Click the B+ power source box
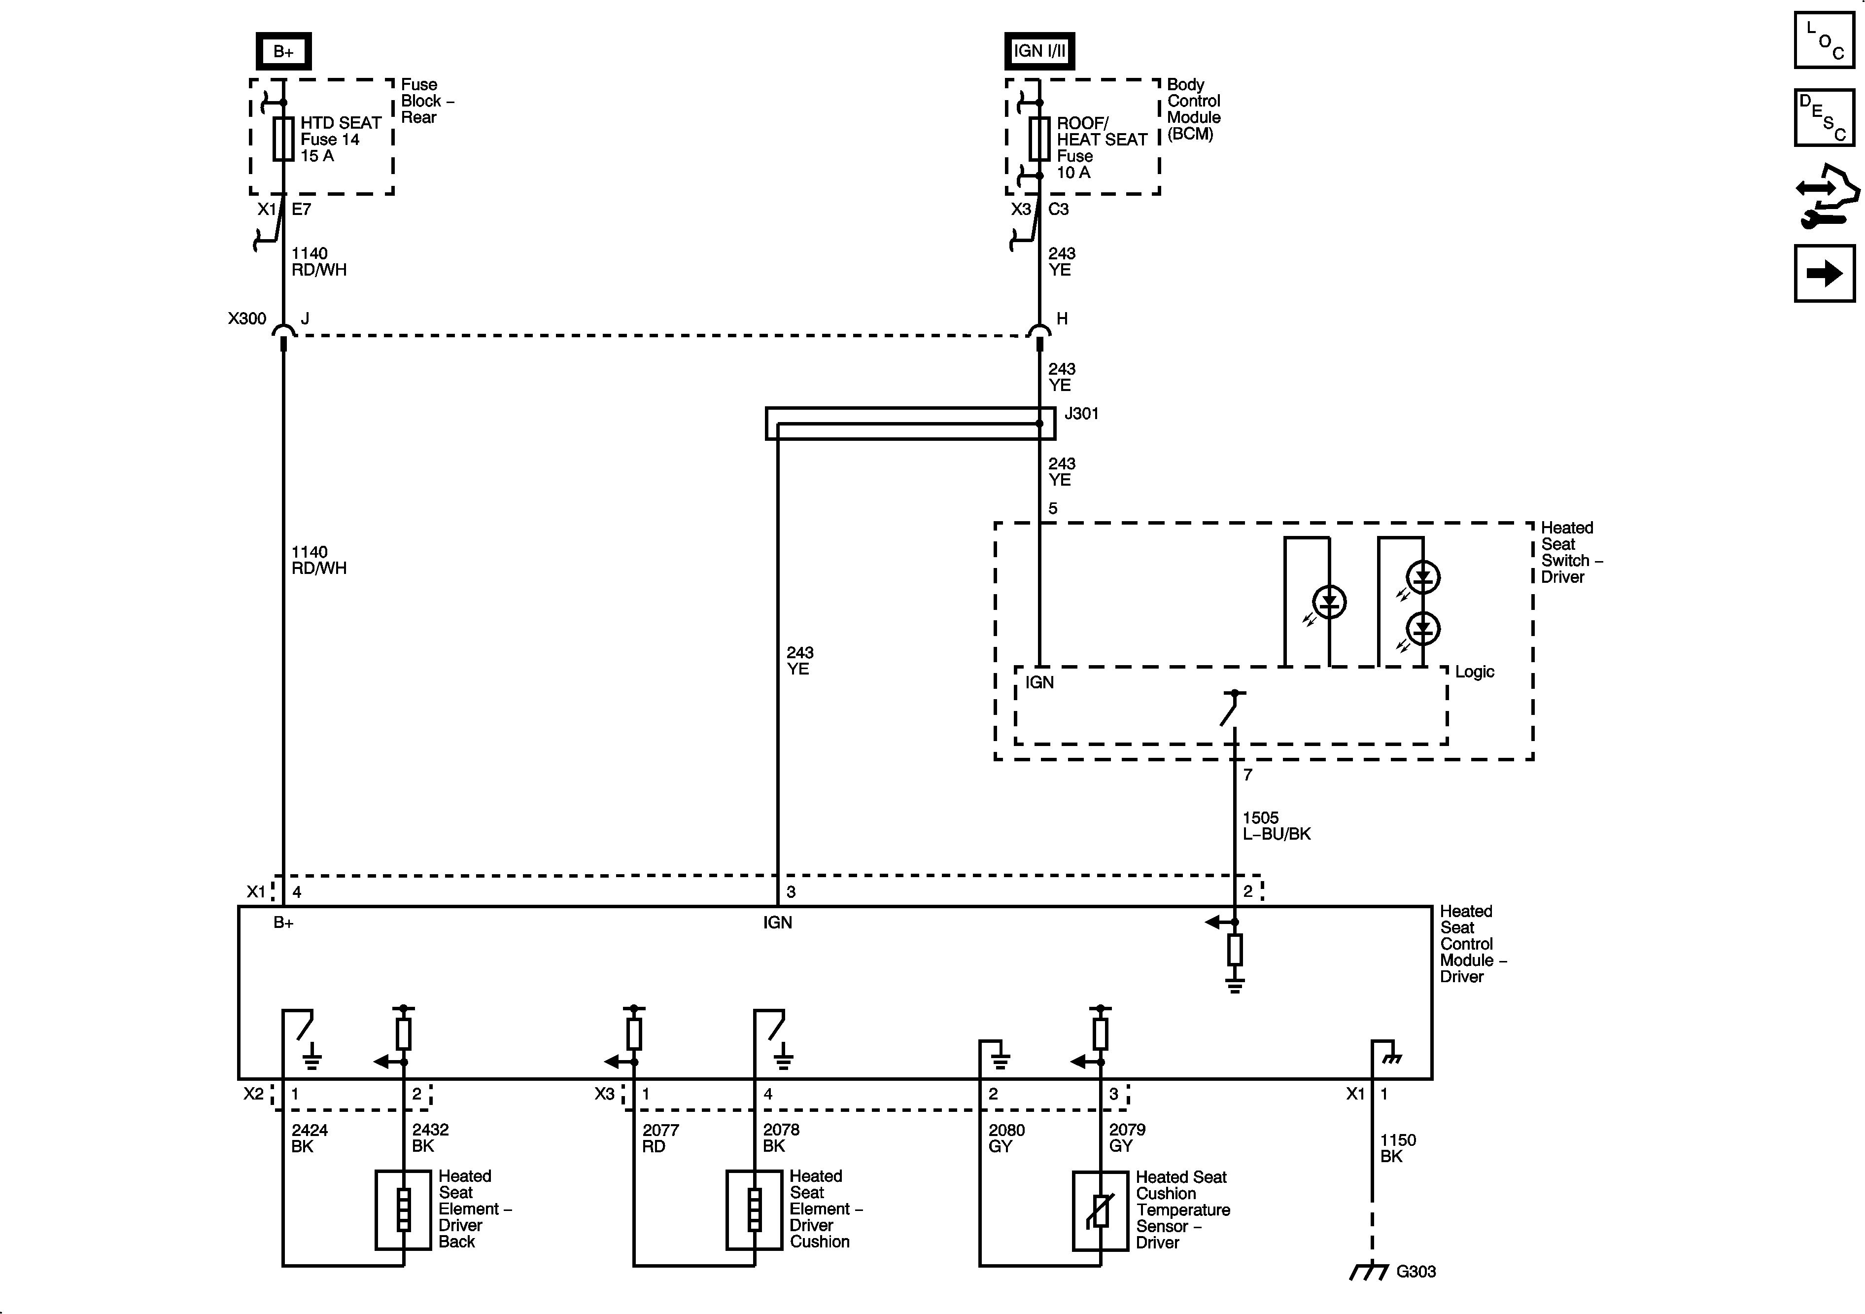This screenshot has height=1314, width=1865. pos(283,52)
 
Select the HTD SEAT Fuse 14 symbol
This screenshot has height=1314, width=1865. pos(283,139)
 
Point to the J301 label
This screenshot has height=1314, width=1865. pos(1081,414)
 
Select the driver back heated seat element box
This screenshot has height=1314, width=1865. pos(403,1210)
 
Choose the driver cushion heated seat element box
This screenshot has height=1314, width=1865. pos(754,1210)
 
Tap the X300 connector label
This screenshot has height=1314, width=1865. pos(247,319)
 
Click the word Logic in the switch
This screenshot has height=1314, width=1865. pos(1474,672)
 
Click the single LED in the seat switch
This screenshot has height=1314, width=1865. pos(1329,602)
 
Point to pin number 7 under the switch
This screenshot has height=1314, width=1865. pos(1247,775)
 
